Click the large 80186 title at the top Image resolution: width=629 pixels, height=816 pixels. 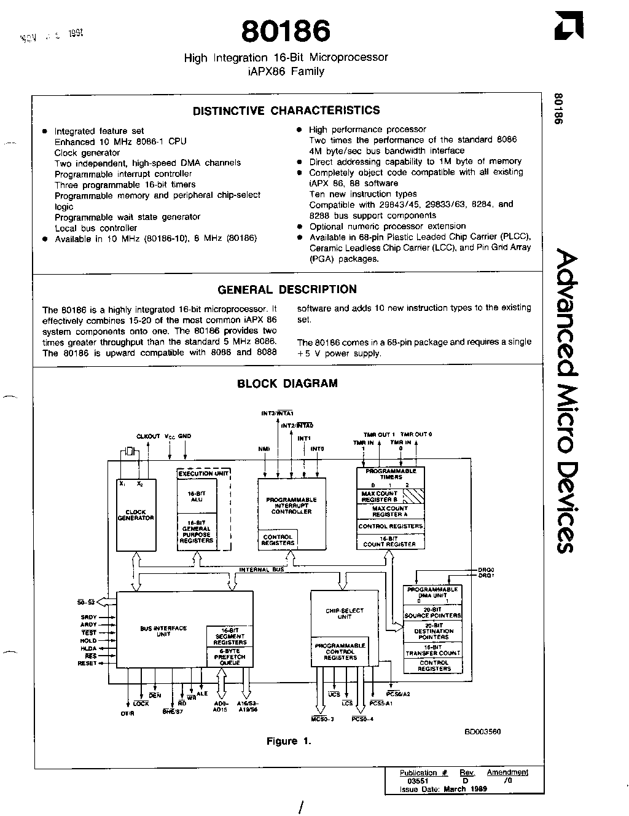pyautogui.click(x=286, y=31)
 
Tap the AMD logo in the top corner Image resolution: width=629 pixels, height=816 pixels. pyautogui.click(x=568, y=27)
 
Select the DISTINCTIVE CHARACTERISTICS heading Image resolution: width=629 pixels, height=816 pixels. pyautogui.click(x=286, y=111)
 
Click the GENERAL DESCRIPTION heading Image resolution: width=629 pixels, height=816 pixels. pyautogui.click(x=287, y=289)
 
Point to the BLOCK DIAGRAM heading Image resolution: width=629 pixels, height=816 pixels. pyautogui.click(x=287, y=383)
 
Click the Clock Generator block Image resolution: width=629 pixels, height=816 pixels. pyautogui.click(x=136, y=515)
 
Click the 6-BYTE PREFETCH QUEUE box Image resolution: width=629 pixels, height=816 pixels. pyautogui.click(x=229, y=657)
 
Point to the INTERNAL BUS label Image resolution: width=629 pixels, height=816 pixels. pyautogui.click(x=262, y=570)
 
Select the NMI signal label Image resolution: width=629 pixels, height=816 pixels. pyautogui.click(x=264, y=449)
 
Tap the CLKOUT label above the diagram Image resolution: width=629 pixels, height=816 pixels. pyautogui.click(x=148, y=436)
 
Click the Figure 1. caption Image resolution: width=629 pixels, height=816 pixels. pyautogui.click(x=289, y=741)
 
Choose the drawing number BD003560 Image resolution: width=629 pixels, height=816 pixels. pyautogui.click(x=483, y=731)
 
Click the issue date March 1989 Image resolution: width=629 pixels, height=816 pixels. pyautogui.click(x=465, y=789)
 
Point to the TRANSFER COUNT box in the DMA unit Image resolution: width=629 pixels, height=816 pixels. pyautogui.click(x=434, y=650)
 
